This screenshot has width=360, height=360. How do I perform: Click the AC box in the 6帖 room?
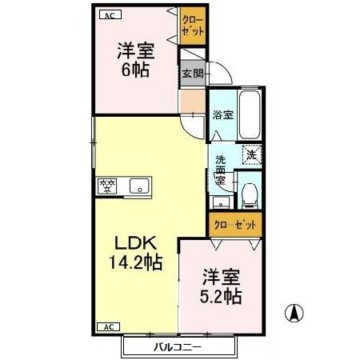click(x=110, y=15)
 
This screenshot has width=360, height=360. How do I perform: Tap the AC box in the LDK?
click(x=108, y=326)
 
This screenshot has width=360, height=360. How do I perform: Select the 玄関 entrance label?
click(x=193, y=74)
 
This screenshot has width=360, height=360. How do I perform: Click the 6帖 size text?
click(x=136, y=70)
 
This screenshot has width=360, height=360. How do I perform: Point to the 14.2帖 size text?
click(x=135, y=262)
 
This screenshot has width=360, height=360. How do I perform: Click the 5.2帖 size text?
click(x=221, y=297)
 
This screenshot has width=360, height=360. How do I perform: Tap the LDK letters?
click(x=135, y=243)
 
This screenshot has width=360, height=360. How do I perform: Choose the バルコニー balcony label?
click(x=178, y=347)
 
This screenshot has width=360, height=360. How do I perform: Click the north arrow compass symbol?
click(x=294, y=313)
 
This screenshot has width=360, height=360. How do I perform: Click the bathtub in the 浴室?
click(x=250, y=115)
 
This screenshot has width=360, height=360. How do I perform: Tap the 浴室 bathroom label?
click(x=223, y=115)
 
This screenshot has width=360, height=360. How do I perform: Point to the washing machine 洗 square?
click(x=252, y=155)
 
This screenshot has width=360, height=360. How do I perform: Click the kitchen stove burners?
click(x=107, y=186)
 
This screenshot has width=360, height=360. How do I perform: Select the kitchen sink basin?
click(x=139, y=186)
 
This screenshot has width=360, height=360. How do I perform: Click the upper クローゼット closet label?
click(x=193, y=26)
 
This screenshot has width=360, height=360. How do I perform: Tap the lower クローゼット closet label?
click(x=235, y=225)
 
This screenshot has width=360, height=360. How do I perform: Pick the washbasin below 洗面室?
click(x=221, y=203)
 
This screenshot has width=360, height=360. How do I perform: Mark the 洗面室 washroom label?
click(x=221, y=170)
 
